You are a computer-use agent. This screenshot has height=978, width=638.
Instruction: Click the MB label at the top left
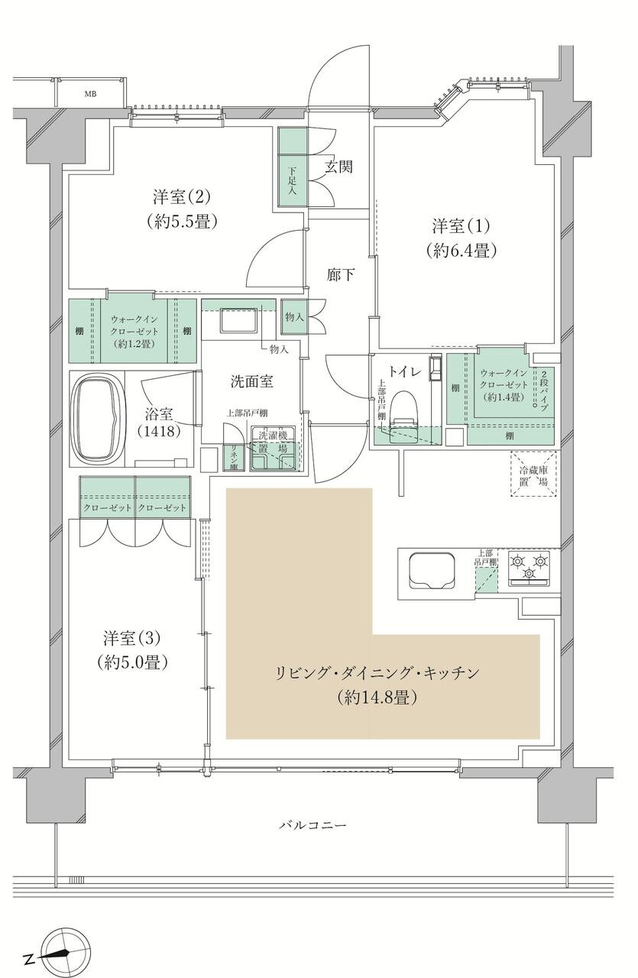(90, 93)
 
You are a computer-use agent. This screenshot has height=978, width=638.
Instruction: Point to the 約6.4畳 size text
(465, 250)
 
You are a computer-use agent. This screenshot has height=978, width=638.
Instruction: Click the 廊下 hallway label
(341, 274)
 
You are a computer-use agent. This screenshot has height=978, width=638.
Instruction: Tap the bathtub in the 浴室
(97, 417)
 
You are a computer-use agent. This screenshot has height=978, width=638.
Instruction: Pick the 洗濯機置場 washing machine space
(272, 448)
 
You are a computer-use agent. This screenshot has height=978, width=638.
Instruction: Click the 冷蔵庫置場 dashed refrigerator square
(534, 474)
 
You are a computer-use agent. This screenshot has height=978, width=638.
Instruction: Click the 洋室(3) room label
(133, 636)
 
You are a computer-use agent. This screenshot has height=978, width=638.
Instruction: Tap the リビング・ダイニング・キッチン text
(377, 673)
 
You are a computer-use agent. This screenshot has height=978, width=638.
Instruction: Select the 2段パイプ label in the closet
(544, 390)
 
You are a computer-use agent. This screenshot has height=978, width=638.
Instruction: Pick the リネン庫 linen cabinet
(228, 455)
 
